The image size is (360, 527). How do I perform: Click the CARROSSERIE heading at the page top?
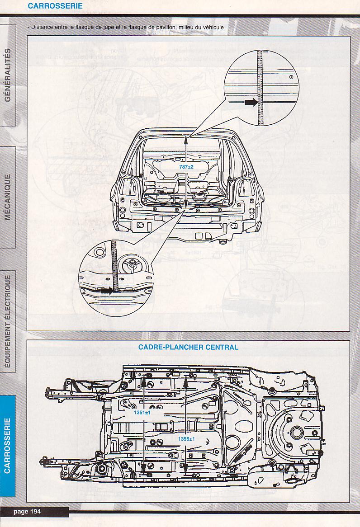coord(55,6)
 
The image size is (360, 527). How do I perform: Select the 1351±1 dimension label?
coord(142,413)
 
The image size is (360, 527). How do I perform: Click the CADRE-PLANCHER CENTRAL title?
coord(188,347)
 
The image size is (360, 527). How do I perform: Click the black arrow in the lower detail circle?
coord(106,292)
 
